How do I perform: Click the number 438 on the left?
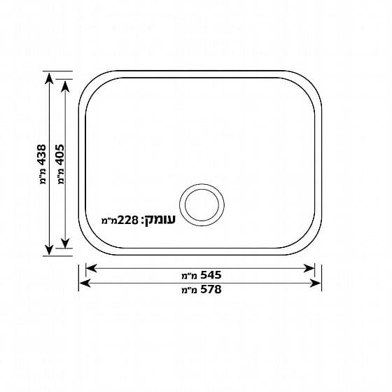click(42, 155)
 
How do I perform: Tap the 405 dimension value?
click(60, 155)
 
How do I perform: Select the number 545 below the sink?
click(211, 275)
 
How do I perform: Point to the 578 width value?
click(211, 290)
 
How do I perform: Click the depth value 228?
click(127, 220)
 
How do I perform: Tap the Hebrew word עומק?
click(160, 220)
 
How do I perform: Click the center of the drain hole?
click(202, 205)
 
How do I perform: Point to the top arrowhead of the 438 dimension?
click(49, 78)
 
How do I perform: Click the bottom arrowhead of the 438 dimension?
click(49, 249)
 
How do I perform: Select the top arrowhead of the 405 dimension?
click(65, 87)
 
